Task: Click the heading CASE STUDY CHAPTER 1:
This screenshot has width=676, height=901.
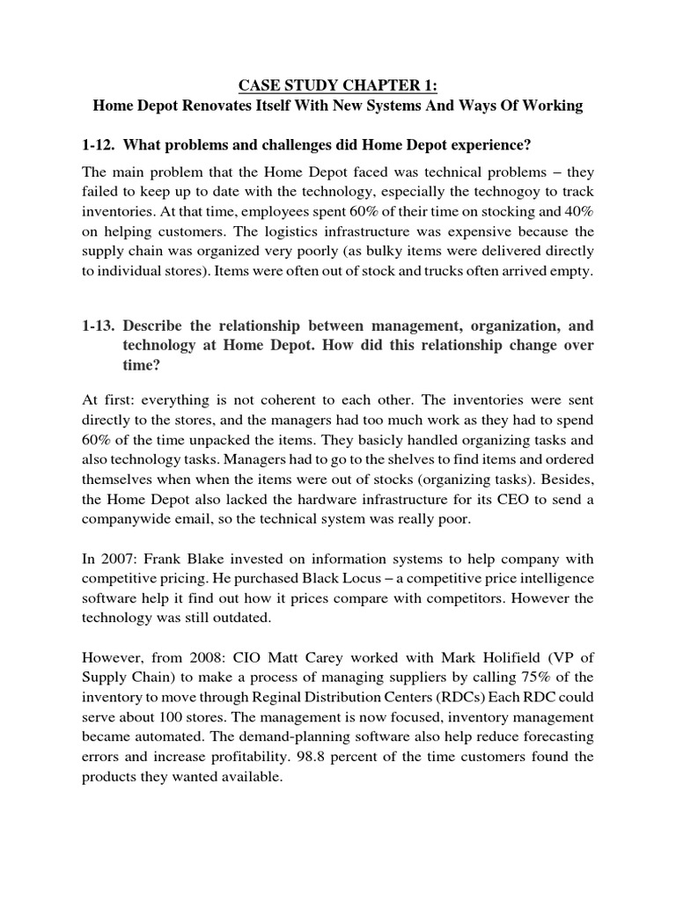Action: pos(338,85)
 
